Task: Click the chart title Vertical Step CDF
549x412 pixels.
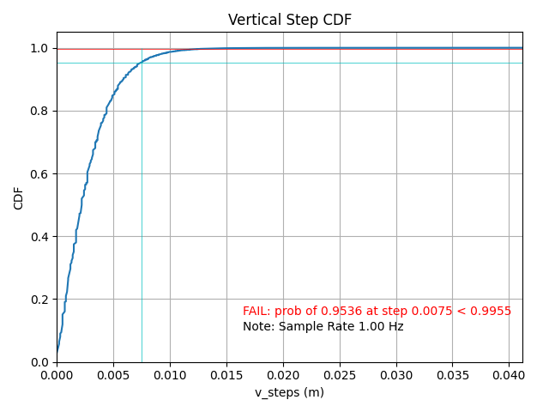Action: coord(289,20)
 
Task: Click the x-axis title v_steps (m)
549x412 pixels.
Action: coord(289,392)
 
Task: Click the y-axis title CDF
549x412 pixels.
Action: coord(19,197)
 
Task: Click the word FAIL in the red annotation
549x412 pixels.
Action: coord(256,311)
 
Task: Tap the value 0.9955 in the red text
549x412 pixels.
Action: coord(492,311)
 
